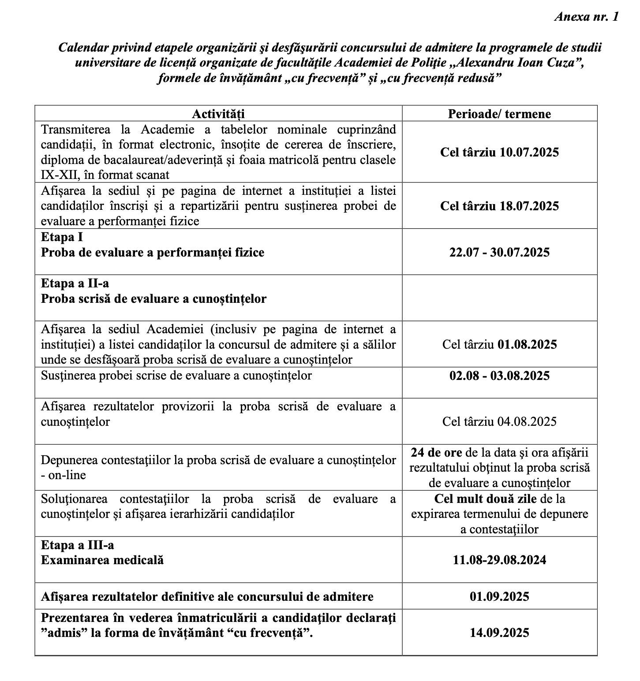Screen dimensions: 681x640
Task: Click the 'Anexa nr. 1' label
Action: [x=586, y=17]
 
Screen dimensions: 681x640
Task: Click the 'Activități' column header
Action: [x=218, y=114]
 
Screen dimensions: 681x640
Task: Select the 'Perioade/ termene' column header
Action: [x=499, y=114]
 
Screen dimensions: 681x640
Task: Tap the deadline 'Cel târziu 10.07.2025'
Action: [x=499, y=153]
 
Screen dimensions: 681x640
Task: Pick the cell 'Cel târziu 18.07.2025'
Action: [x=499, y=206]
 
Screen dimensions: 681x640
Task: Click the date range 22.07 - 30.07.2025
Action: [x=499, y=252]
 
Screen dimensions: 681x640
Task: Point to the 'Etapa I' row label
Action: [x=62, y=237]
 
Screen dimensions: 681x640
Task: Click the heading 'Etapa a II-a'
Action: [x=75, y=283]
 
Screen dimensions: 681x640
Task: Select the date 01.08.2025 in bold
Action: [x=527, y=344]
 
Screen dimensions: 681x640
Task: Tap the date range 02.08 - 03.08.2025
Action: [x=499, y=376]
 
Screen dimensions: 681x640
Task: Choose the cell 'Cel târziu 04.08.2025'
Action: [x=499, y=421]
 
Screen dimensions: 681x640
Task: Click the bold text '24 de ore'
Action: [x=436, y=453]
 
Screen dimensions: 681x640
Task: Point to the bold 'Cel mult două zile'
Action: [x=485, y=499]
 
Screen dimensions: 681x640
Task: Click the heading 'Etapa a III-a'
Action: [x=77, y=545]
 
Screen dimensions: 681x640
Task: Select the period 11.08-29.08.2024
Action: [x=499, y=560]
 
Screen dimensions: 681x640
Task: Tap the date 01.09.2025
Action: [x=499, y=596]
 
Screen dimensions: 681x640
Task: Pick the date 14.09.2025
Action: [x=499, y=633]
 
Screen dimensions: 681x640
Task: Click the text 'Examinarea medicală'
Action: [x=102, y=560]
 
